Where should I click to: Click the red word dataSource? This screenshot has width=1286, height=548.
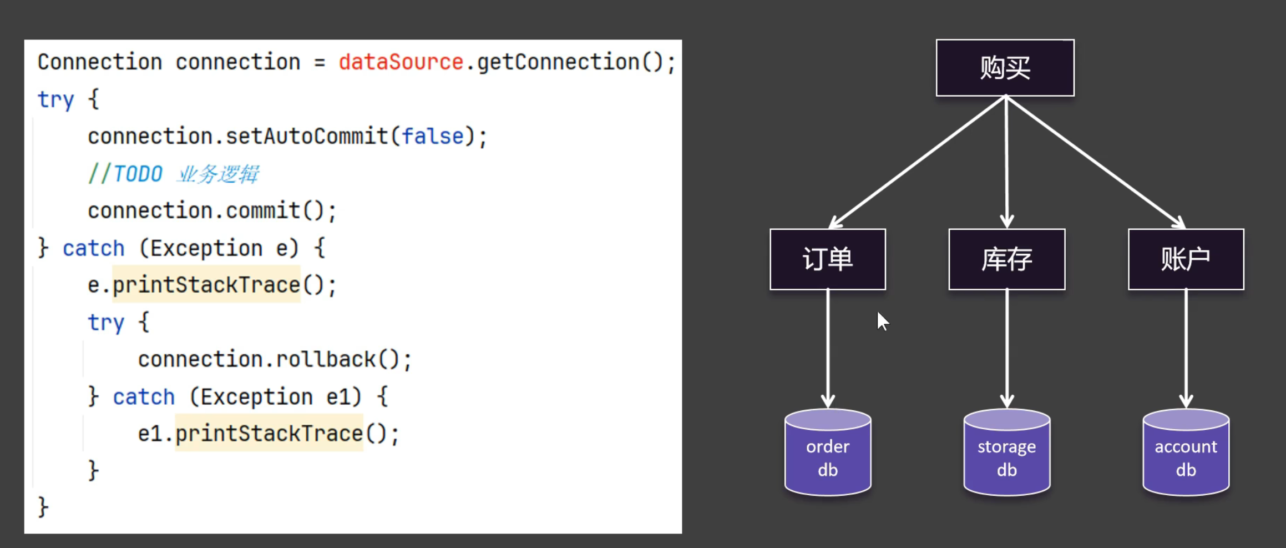401,62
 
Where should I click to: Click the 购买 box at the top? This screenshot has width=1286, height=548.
1005,68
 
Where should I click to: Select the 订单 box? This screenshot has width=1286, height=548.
827,259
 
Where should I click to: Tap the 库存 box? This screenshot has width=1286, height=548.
1006,259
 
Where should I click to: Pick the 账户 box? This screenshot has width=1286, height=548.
1186,259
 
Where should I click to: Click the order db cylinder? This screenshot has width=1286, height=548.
827,453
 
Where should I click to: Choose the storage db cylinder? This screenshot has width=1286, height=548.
1006,453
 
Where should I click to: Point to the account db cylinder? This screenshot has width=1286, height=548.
1186,453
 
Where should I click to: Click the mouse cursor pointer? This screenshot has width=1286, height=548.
882,321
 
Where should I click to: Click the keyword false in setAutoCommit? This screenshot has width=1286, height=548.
433,137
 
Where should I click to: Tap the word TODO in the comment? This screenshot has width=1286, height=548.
138,174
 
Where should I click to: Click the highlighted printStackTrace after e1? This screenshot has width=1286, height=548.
269,434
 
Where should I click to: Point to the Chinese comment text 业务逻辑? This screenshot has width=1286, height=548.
218,174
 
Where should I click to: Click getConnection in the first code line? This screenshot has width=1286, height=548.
558,62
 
